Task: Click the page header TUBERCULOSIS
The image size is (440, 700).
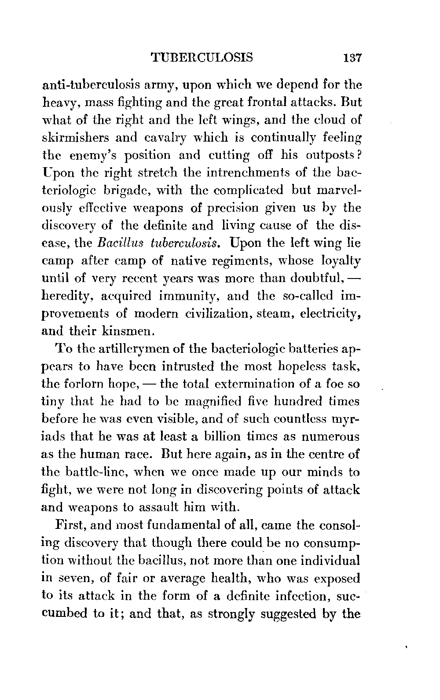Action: click(x=201, y=58)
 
